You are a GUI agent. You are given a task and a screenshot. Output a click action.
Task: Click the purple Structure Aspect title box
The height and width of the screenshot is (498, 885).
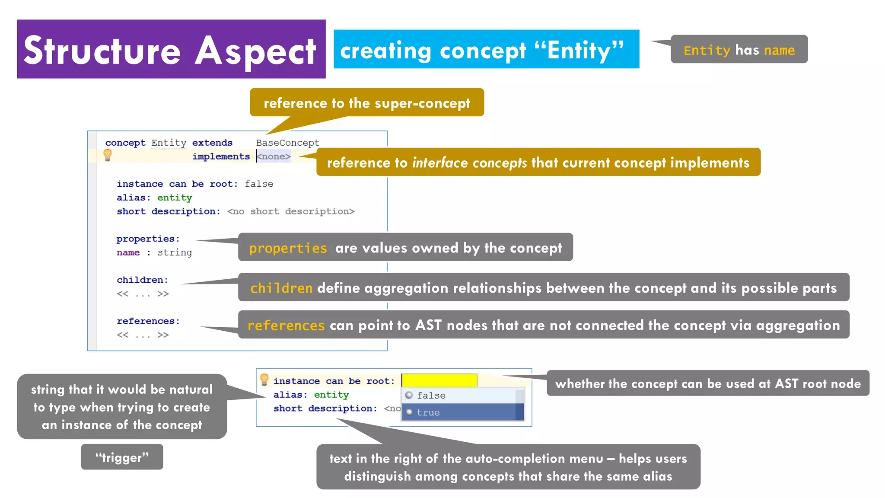[x=171, y=49]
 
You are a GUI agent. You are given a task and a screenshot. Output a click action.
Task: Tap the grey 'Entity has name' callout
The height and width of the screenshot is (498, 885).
[x=739, y=50]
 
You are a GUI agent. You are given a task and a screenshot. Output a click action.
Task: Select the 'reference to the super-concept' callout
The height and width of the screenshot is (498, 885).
[x=366, y=102]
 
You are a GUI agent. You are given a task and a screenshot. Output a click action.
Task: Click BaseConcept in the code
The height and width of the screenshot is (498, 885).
[x=287, y=143]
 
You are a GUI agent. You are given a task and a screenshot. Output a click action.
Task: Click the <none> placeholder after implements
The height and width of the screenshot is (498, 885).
[x=274, y=156]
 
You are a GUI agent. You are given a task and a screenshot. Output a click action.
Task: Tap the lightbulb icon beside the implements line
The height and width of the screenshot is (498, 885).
[x=108, y=155]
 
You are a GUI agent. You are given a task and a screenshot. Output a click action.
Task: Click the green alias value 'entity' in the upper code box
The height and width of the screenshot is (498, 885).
[x=175, y=198]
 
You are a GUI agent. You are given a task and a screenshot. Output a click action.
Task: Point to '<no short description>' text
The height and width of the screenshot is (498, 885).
[x=290, y=211]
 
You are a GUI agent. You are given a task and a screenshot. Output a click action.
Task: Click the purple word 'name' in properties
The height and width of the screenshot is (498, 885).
[x=128, y=252]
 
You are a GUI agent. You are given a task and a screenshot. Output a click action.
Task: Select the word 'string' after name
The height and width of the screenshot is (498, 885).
[x=175, y=252]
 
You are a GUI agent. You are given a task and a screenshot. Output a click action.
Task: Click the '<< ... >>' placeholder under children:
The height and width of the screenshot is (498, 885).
[x=143, y=294]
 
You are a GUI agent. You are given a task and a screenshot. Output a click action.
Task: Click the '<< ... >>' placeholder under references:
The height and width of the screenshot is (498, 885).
[x=143, y=335]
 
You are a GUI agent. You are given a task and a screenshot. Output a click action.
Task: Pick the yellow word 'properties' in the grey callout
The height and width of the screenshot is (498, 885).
[x=288, y=248]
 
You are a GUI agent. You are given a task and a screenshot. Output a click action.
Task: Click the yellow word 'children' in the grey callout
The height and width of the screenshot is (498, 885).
[x=281, y=288]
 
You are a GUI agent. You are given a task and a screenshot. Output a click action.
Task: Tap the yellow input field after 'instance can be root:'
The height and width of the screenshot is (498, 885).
[x=439, y=380]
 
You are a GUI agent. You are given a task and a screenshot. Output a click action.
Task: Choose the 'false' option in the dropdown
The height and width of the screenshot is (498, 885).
[x=431, y=396]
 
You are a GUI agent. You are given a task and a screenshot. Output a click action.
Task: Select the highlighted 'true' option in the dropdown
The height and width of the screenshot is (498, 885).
[x=428, y=412]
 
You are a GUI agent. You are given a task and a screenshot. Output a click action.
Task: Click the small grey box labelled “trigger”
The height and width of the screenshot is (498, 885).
[x=122, y=457]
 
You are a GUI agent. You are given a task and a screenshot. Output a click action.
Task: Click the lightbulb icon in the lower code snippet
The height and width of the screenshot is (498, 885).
[x=264, y=380]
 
